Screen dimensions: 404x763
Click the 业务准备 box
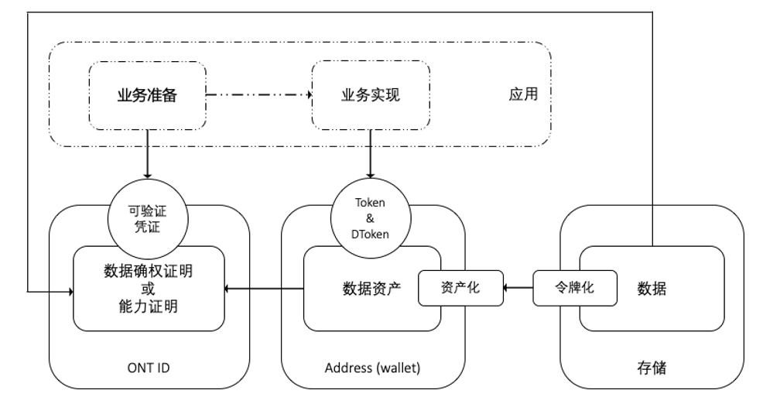click(147, 96)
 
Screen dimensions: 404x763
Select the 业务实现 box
click(371, 96)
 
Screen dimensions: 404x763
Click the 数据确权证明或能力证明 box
click(149, 288)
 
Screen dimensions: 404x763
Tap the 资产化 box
click(460, 288)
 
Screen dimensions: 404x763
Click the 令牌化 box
click(574, 288)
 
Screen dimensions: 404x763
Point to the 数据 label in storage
click(652, 289)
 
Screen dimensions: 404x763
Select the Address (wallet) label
click(372, 368)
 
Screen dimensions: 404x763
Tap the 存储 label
click(651, 368)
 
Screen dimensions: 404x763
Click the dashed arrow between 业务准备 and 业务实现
click(258, 96)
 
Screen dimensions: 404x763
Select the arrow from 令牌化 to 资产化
click(517, 289)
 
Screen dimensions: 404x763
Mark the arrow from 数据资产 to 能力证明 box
click(263, 289)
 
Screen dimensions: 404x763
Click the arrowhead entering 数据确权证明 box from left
click(68, 292)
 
